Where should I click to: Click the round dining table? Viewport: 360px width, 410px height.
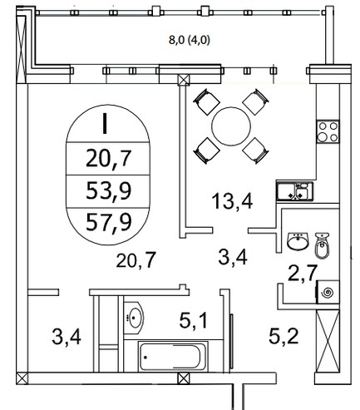point(231,126)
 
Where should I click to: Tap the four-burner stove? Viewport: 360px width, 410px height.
point(328,131)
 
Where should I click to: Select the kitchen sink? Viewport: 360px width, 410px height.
point(294,191)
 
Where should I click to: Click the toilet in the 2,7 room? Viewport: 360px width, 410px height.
point(322,245)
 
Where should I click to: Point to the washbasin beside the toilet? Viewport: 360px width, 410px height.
point(298,241)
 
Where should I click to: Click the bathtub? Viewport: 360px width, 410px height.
point(173,357)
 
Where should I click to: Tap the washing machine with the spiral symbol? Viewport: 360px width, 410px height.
point(328,292)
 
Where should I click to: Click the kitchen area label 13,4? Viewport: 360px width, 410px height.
point(232,201)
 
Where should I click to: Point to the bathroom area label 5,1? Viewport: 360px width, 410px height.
point(193,320)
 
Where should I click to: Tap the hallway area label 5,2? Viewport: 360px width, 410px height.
point(284,336)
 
